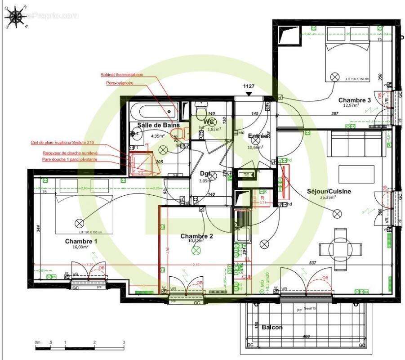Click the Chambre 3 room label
tap(355, 100)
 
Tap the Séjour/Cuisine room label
tap(329, 191)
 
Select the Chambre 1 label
tap(81, 241)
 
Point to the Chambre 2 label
tap(196, 236)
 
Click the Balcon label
tap(272, 327)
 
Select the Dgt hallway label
tap(206, 173)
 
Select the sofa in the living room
tap(359, 144)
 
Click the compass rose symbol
tap(17, 17)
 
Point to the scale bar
tap(80, 347)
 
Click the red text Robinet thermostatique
tap(122, 75)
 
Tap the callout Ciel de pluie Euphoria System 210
tap(63, 143)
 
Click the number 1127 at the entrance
tap(249, 86)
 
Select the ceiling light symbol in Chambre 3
tap(334, 77)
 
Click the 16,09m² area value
tap(81, 247)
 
